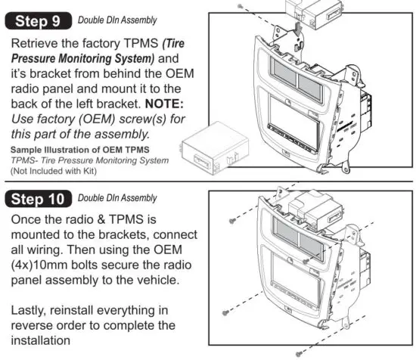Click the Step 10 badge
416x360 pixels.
(39, 200)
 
